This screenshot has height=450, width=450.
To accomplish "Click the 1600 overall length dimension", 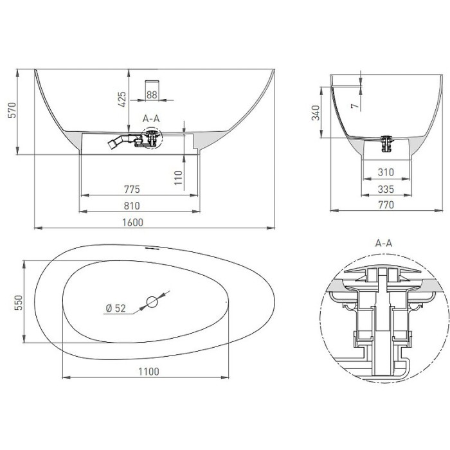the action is pyautogui.click(x=132, y=222).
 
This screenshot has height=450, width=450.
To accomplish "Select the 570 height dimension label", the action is pyautogui.click(x=12, y=110).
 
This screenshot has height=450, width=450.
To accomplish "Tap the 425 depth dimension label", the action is pyautogui.click(x=122, y=99).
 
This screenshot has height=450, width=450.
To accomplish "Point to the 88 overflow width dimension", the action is pyautogui.click(x=152, y=94).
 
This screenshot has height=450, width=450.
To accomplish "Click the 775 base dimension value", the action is pyautogui.click(x=132, y=189).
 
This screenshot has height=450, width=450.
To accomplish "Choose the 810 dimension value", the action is pyautogui.click(x=132, y=206).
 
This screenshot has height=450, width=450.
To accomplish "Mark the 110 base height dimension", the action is pyautogui.click(x=178, y=178).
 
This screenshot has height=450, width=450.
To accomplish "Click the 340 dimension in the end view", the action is pyautogui.click(x=316, y=113).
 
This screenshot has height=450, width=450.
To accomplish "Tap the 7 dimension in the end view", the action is pyautogui.click(x=355, y=105).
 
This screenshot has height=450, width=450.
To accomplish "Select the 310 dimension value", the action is pyautogui.click(x=386, y=172).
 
